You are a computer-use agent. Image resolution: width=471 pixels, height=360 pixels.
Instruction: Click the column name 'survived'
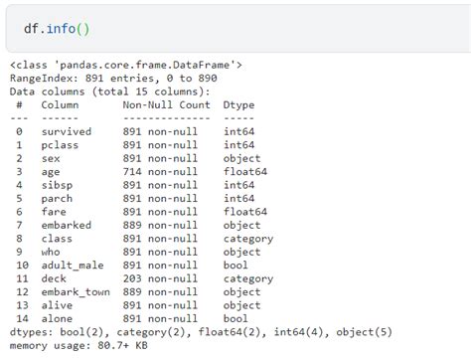click(x=66, y=131)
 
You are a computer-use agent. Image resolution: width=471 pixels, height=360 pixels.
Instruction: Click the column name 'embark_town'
click(x=76, y=292)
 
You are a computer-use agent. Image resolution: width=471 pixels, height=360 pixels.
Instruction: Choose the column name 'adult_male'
click(x=72, y=266)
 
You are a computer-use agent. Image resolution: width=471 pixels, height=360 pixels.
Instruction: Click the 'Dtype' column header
click(x=239, y=104)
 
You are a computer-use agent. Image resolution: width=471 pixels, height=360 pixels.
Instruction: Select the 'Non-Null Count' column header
click(x=167, y=104)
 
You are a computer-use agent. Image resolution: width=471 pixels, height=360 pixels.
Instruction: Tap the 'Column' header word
click(x=59, y=104)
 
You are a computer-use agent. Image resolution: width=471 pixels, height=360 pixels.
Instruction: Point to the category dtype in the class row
click(x=248, y=239)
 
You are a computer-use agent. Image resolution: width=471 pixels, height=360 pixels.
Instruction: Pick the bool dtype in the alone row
click(x=235, y=319)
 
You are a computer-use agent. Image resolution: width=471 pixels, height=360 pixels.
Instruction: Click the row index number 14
click(x=20, y=319)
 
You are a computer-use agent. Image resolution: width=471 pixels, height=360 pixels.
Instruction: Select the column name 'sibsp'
click(x=56, y=185)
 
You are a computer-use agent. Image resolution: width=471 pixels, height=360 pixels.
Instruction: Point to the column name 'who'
click(x=50, y=253)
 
